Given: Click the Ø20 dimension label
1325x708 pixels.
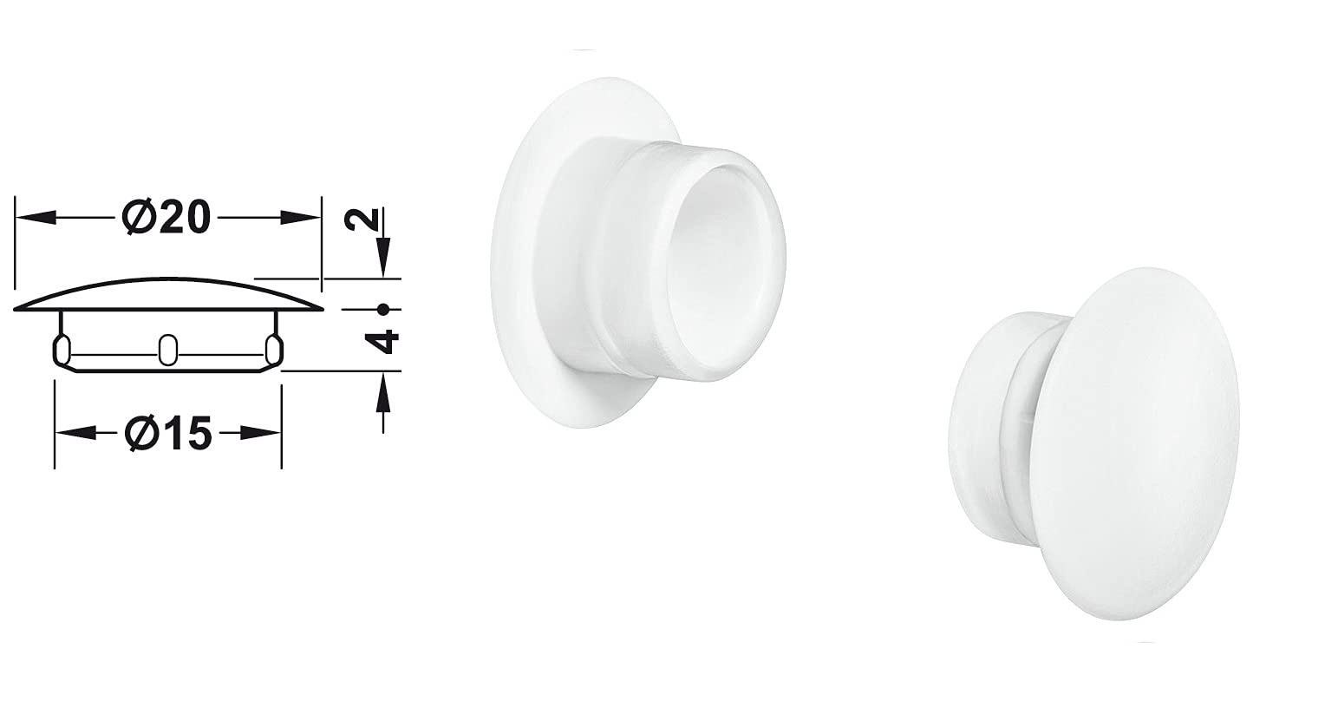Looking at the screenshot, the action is click(166, 218).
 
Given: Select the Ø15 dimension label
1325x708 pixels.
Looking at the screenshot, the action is click(168, 434).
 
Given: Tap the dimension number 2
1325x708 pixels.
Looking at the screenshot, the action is click(362, 220).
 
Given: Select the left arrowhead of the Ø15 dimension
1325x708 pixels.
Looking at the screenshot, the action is click(75, 434).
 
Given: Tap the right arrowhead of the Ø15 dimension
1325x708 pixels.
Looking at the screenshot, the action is click(260, 434).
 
